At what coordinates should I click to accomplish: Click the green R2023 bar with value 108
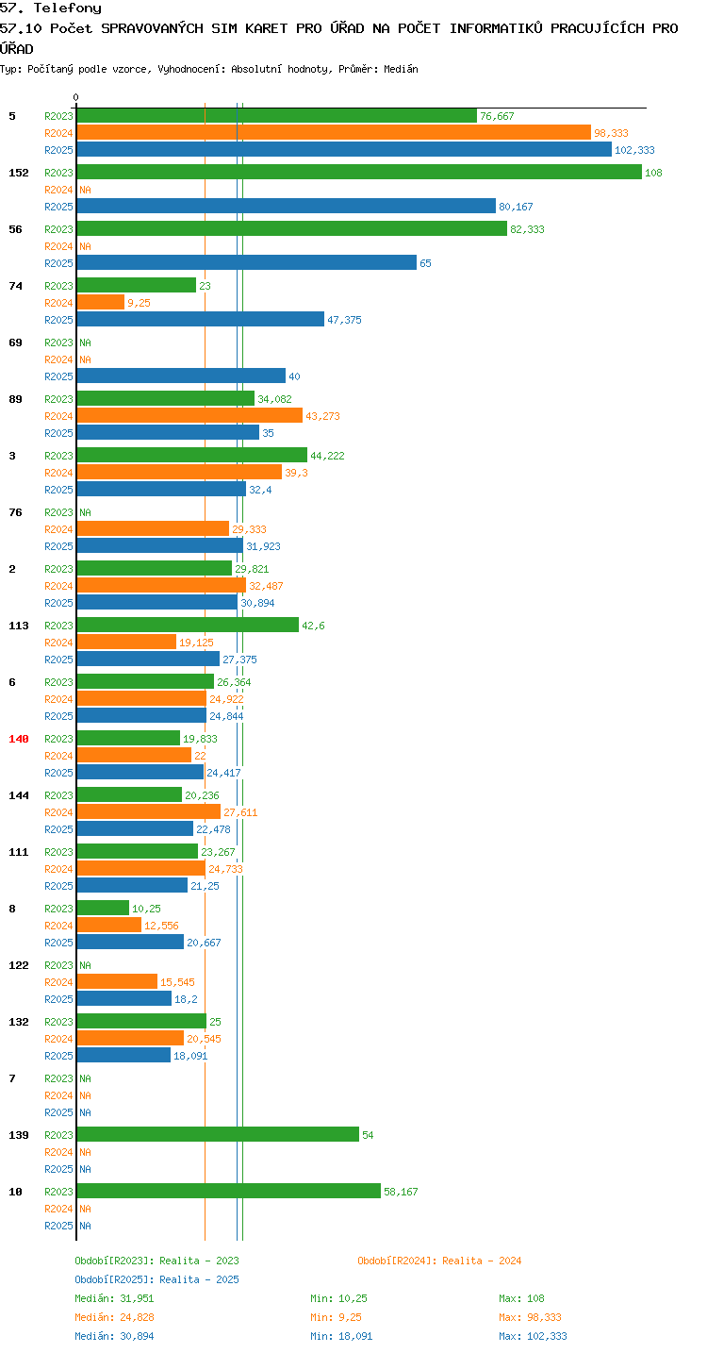click(359, 172)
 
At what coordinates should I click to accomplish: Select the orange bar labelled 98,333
click(335, 132)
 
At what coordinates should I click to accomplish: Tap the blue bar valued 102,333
click(344, 149)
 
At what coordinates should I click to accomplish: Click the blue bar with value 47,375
click(201, 319)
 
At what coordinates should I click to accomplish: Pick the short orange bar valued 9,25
click(101, 302)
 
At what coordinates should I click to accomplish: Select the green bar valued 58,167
click(229, 1191)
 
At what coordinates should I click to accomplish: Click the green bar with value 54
click(219, 1134)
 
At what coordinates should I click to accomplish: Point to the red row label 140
click(19, 739)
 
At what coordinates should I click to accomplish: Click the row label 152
click(19, 173)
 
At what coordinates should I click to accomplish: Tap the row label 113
click(19, 626)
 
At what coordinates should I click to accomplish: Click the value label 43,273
click(322, 416)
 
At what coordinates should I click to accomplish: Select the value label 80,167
click(516, 207)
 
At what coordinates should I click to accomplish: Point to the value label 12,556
click(161, 926)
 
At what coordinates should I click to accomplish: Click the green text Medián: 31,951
click(114, 1298)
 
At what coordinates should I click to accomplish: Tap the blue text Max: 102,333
click(533, 1336)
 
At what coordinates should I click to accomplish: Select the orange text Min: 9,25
click(336, 1317)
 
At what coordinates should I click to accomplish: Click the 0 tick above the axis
click(76, 97)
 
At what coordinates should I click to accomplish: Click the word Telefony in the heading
click(68, 8)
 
